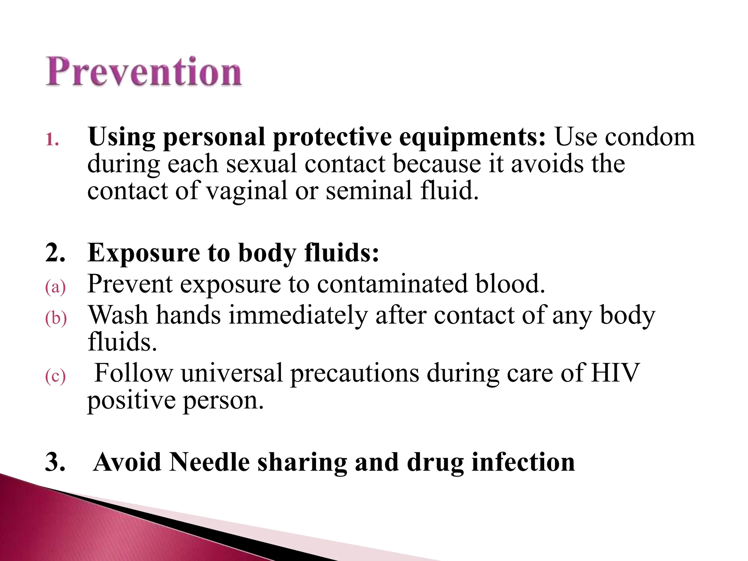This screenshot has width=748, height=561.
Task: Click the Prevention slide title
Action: (144, 72)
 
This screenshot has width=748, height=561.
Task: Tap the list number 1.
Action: (52, 139)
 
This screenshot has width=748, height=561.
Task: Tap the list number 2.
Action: (55, 252)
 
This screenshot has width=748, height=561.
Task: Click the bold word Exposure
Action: (144, 253)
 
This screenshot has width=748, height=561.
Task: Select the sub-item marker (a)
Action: (55, 287)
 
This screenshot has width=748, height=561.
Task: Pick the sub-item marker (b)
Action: (56, 318)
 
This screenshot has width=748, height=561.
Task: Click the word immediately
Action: (298, 315)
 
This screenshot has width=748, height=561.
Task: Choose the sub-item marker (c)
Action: (55, 376)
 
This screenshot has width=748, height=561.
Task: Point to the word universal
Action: (232, 373)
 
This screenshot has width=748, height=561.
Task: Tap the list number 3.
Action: (55, 462)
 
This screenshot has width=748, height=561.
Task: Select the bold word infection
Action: (523, 462)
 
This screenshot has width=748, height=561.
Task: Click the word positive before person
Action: (131, 401)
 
